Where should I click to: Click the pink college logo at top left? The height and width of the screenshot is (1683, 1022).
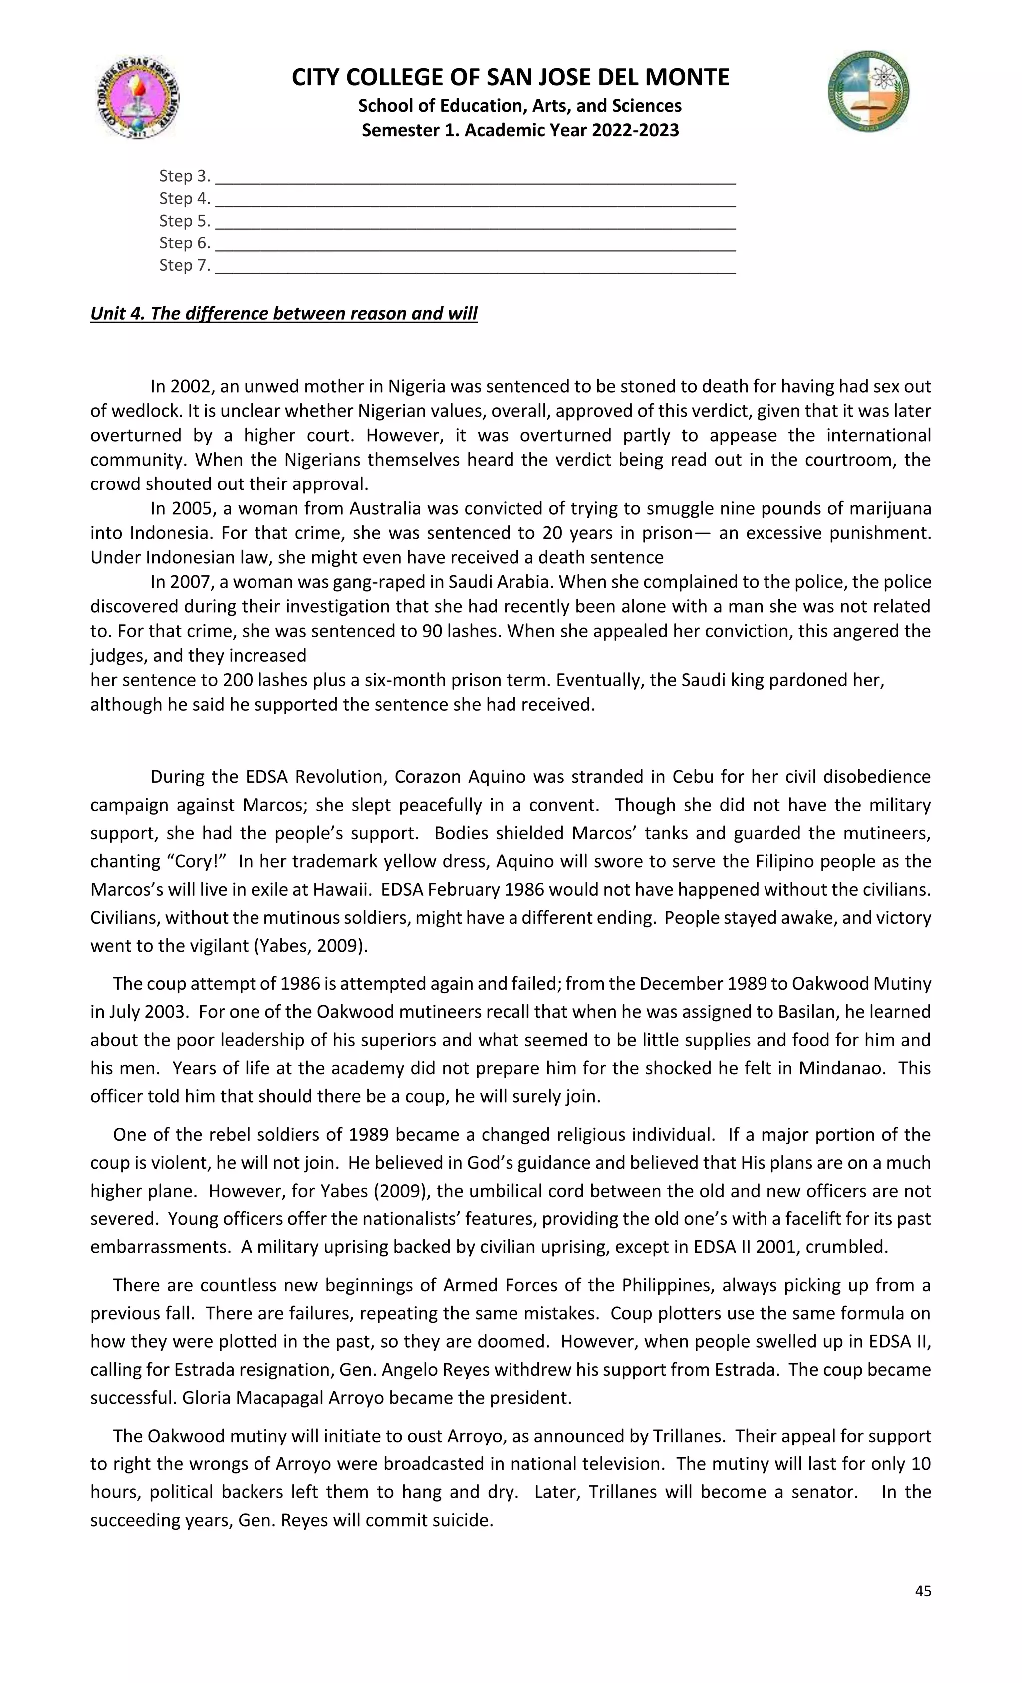pos(137,98)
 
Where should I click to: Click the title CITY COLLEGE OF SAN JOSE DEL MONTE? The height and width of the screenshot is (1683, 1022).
pos(511,78)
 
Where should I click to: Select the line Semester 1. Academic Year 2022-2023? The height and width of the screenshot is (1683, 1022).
pos(520,130)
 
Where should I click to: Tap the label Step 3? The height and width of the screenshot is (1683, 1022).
pos(185,176)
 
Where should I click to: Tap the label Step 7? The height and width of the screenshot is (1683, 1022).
pos(185,266)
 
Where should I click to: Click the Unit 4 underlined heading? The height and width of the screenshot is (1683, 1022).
pos(283,313)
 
